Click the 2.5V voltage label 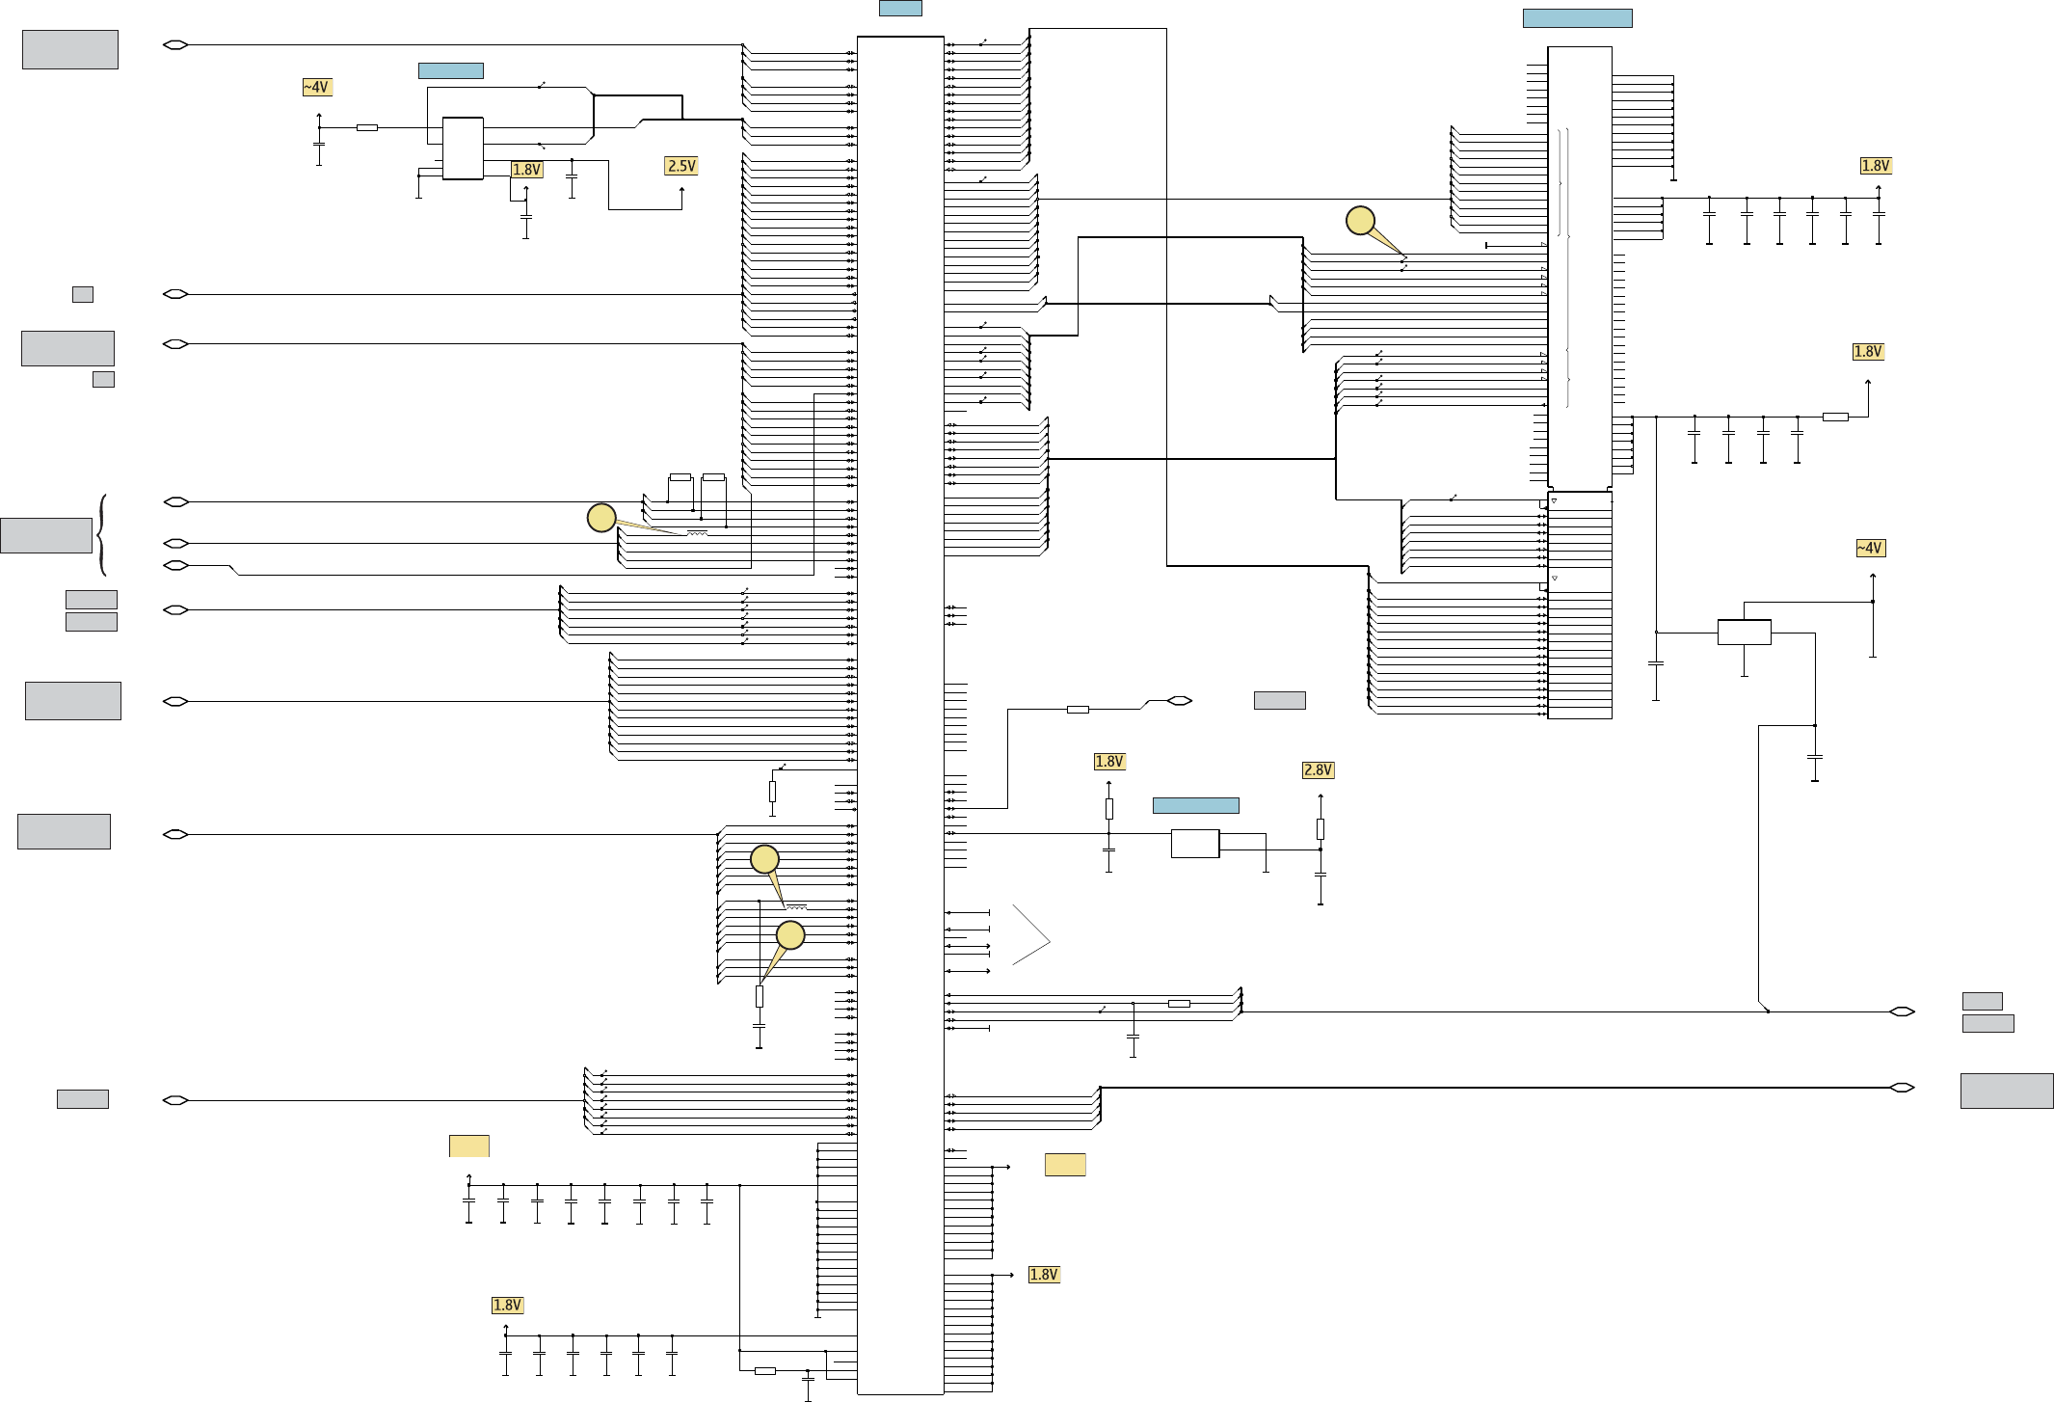click(x=680, y=166)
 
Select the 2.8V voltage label click(x=1318, y=769)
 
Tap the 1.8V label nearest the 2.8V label click(x=1108, y=761)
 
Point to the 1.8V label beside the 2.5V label click(x=526, y=170)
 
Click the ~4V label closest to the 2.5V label click(x=317, y=87)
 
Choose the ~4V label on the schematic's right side click(x=1869, y=548)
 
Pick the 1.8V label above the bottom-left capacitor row click(x=507, y=1305)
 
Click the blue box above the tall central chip click(x=899, y=8)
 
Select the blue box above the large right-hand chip click(x=1577, y=18)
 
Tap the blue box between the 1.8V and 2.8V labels click(x=1195, y=805)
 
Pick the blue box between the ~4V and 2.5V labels click(x=450, y=70)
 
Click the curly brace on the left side click(x=102, y=535)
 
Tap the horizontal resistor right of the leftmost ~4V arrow click(x=366, y=127)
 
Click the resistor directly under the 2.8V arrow click(x=1320, y=828)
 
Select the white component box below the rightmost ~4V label click(x=1744, y=633)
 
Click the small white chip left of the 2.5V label click(x=463, y=148)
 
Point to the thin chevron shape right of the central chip click(x=1031, y=934)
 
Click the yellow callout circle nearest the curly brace click(x=601, y=518)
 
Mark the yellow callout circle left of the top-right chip click(x=1360, y=221)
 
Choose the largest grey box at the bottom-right click(x=2006, y=1091)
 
